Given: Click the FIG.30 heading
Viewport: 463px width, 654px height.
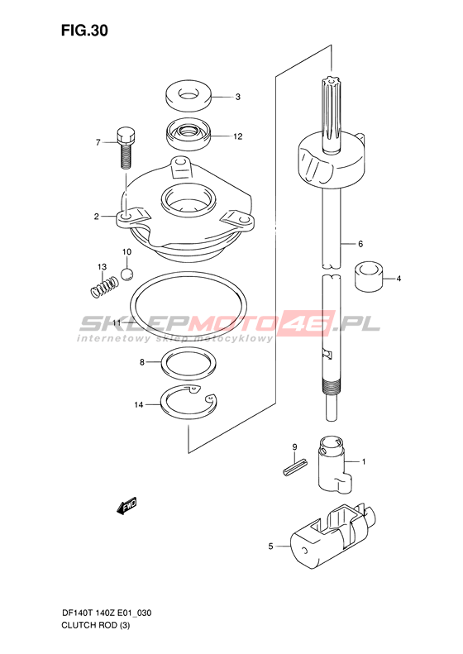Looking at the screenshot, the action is [84, 31].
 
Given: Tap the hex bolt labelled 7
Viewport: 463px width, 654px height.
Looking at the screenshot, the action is [125, 147].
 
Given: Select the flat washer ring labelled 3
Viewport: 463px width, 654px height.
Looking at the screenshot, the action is [189, 97].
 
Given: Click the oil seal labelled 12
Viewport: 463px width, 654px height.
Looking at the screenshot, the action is [189, 135].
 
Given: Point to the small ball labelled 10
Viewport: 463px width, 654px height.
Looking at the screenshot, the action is [126, 274].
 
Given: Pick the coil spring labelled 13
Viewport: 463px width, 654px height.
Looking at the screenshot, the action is [105, 288].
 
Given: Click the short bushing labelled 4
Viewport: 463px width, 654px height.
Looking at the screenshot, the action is [369, 276].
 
